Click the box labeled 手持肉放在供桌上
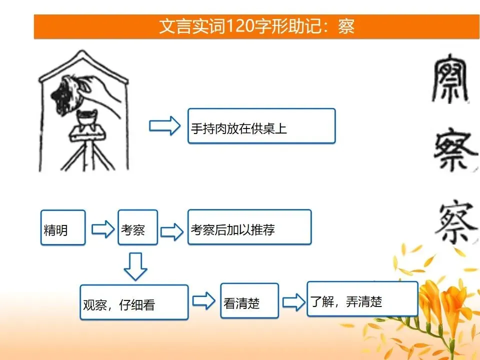tap(261, 126)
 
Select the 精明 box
tap(63, 227)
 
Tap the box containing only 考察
tap(138, 227)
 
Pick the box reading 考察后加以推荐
tap(249, 227)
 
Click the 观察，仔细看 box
tap(134, 302)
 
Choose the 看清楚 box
tap(249, 300)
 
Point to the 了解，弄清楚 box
tap(362, 299)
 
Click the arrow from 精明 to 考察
tap(103, 229)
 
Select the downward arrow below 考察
tap(135, 266)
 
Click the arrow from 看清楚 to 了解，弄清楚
tap(294, 302)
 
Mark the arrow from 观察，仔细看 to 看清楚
tap(204, 300)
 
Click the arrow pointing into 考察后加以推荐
tap(172, 231)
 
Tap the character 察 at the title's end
tap(346, 26)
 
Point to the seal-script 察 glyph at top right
tap(450, 78)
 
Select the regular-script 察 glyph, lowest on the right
tap(456, 222)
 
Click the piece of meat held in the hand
tap(66, 94)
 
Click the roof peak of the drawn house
tap(81, 51)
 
